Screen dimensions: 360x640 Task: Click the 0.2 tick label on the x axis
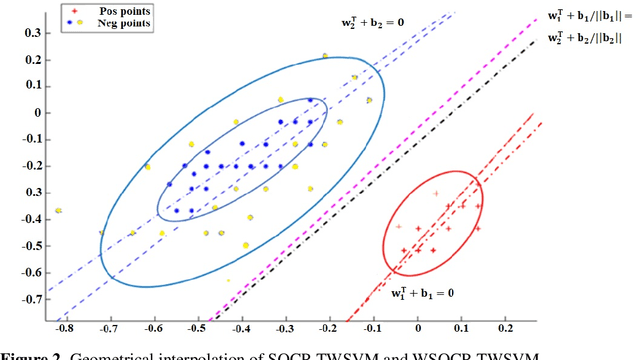[x=505, y=327]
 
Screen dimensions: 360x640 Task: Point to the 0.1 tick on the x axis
[x=461, y=327]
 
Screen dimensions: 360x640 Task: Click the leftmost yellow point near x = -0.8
[x=59, y=210]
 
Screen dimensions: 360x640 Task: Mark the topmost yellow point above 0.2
[x=325, y=56]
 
